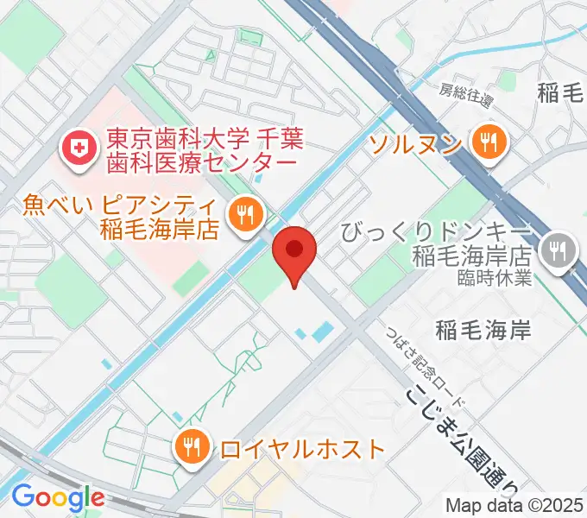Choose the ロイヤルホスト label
coord(301,449)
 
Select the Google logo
coord(58,496)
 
